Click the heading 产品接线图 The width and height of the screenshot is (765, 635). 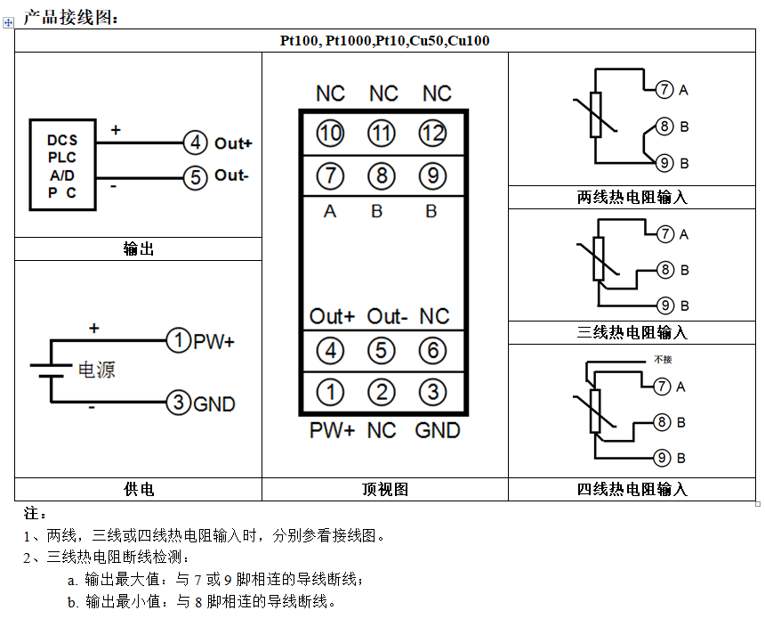coord(69,15)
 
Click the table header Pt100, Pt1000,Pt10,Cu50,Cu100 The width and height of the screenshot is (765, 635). coord(385,41)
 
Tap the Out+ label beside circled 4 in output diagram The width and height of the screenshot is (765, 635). coord(233,142)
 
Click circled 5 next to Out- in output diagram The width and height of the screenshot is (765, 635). coord(195,176)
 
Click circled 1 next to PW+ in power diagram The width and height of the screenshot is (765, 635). coord(179,340)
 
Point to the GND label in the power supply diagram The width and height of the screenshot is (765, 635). coord(214,404)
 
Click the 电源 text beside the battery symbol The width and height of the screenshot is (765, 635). coord(97,370)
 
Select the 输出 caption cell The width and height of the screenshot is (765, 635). coord(138,249)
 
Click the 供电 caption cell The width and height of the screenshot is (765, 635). coord(138,489)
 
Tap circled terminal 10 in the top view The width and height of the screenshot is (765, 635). coord(330,134)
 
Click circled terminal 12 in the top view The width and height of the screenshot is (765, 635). coord(433,134)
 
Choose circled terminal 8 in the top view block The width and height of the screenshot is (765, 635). coord(382,175)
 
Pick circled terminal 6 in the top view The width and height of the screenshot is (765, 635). coord(433,350)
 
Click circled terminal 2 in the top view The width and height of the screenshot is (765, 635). coord(382,392)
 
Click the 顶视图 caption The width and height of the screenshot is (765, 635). coord(384,489)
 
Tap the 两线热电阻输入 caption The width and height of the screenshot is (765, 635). coord(632,198)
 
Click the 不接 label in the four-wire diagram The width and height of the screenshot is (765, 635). coord(662,360)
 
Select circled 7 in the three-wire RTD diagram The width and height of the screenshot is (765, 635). coord(665,234)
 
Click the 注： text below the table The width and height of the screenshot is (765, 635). coord(35,514)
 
